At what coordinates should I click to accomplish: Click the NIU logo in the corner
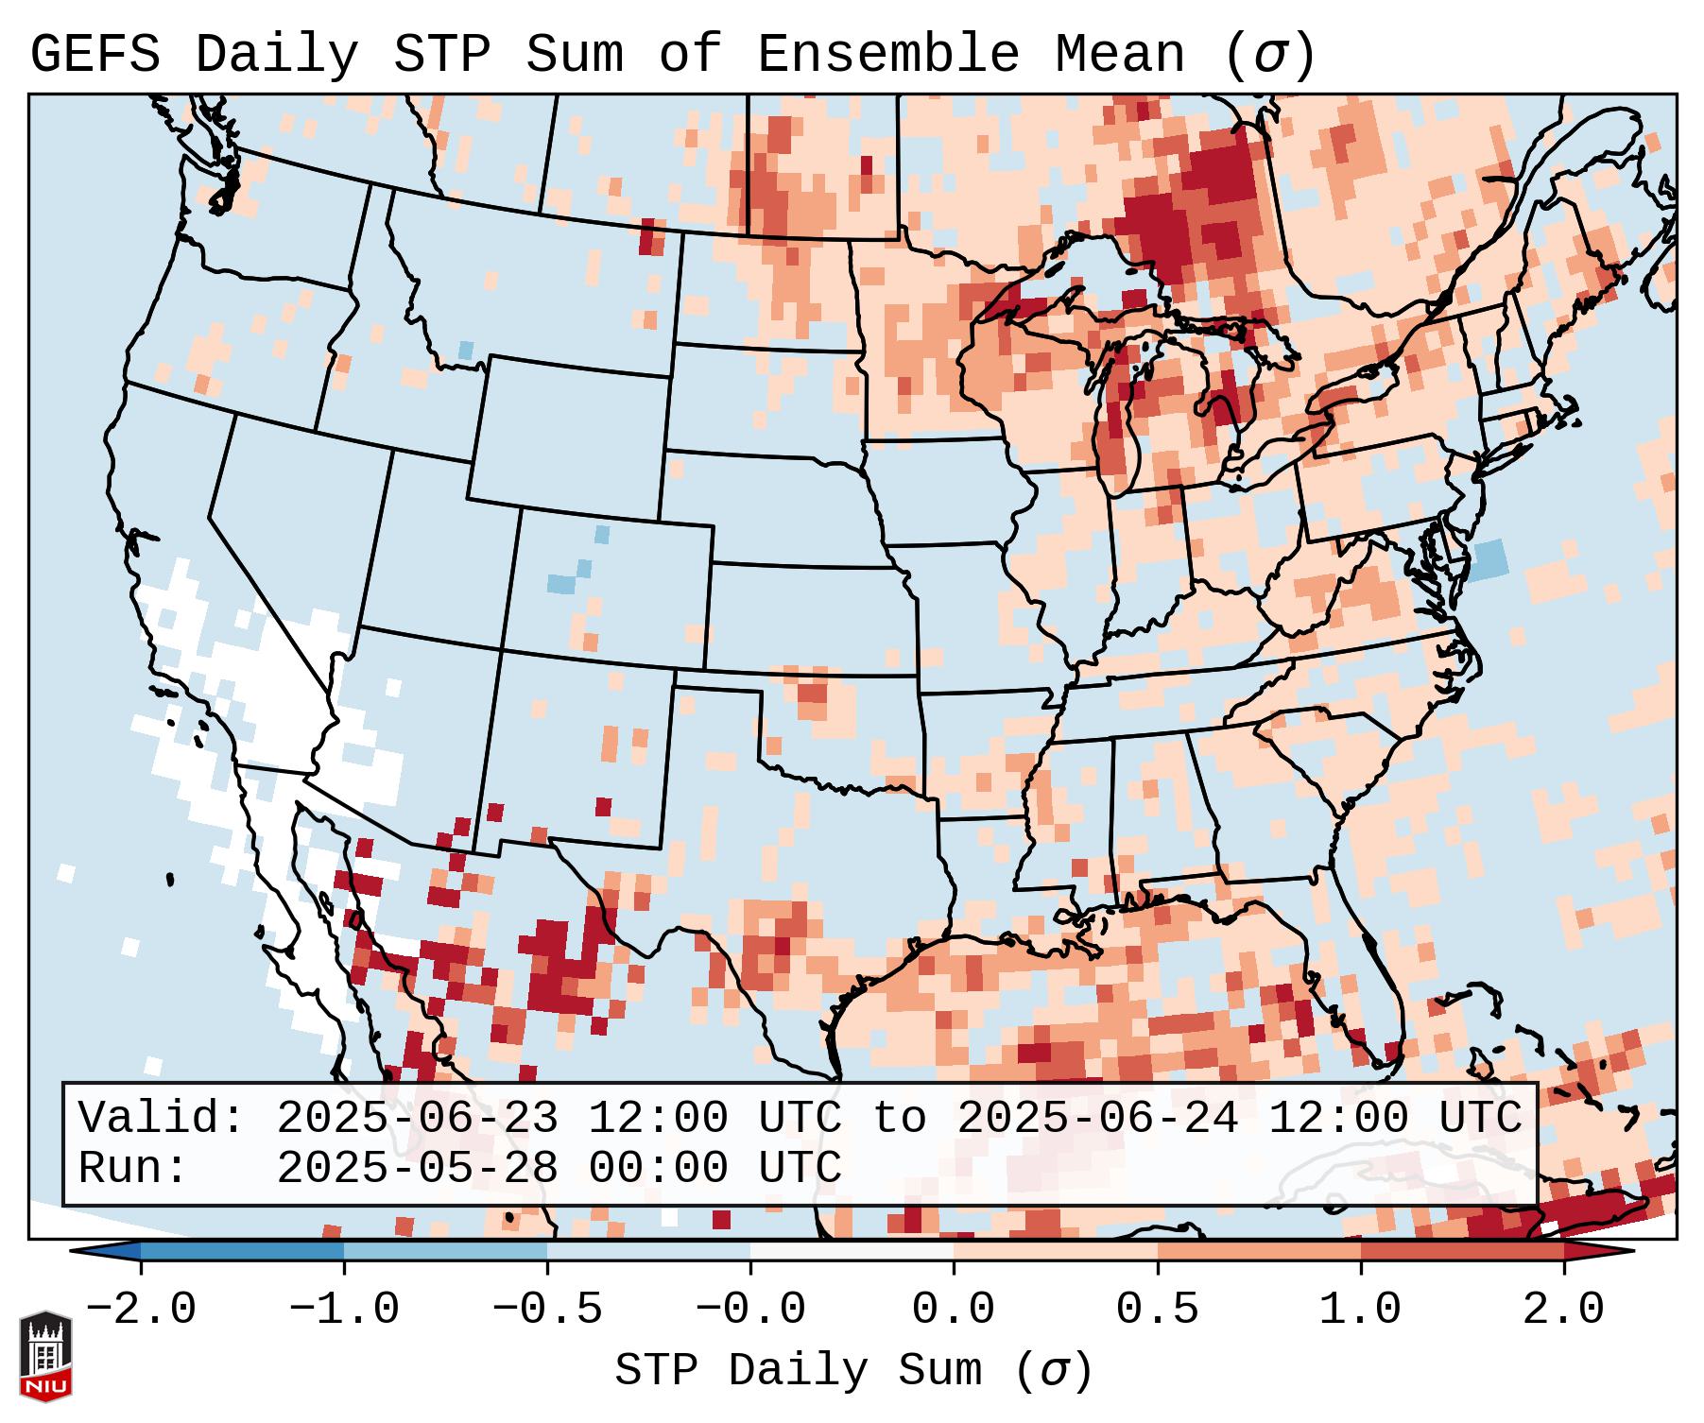[45, 1356]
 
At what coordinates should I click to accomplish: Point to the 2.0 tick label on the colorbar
[1563, 1310]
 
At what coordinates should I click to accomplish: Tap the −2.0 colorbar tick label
[141, 1310]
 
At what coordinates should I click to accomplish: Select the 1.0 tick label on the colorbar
[1360, 1310]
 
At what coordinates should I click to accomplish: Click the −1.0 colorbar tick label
[344, 1310]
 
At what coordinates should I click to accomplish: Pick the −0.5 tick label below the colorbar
[547, 1310]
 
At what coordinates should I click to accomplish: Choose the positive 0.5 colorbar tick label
[1157, 1310]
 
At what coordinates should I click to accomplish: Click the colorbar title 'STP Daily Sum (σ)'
[853, 1371]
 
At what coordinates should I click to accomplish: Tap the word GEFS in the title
[95, 55]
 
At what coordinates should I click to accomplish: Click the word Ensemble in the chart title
[888, 55]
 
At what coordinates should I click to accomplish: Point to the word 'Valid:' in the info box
[162, 1119]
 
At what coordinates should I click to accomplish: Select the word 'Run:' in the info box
[133, 1168]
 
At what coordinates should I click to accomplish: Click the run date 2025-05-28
[417, 1168]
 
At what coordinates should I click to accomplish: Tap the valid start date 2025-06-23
[417, 1119]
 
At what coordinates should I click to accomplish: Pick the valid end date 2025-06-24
[1097, 1119]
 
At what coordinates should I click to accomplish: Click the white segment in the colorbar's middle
[852, 1251]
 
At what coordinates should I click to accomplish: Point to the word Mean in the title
[1119, 55]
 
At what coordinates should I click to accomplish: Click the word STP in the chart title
[441, 55]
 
